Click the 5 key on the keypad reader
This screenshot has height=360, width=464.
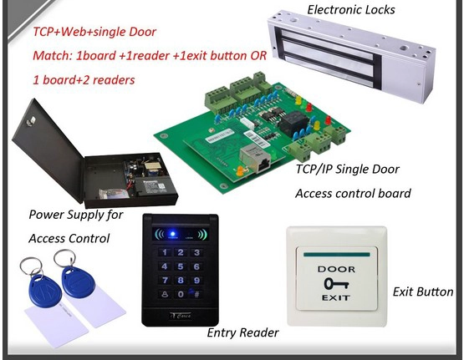click(181, 266)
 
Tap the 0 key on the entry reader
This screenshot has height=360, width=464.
click(181, 294)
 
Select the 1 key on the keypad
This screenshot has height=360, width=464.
click(165, 252)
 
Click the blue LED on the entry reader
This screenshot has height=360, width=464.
click(173, 234)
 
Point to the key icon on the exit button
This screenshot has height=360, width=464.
click(336, 284)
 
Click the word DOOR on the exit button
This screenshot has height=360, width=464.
click(336, 269)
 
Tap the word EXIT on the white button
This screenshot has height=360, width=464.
click(336, 297)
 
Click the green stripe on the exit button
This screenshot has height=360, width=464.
click(337, 254)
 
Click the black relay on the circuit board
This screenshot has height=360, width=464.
click(293, 122)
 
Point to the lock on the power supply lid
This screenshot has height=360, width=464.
click(30, 121)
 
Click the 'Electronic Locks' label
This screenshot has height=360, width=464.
click(351, 10)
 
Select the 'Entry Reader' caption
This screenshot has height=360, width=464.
click(242, 332)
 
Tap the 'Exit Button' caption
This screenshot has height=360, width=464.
click(423, 292)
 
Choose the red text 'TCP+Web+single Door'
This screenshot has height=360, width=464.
click(94, 32)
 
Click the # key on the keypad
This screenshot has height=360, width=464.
click(196, 294)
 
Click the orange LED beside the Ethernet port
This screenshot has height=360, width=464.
click(240, 171)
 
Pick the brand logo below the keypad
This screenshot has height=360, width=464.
click(181, 316)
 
